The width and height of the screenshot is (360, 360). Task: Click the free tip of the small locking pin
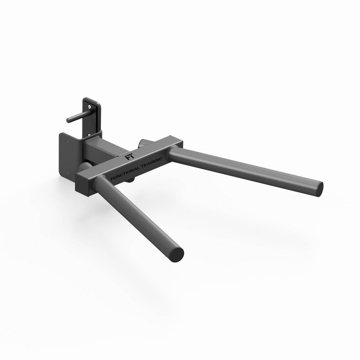pyautogui.click(x=68, y=117)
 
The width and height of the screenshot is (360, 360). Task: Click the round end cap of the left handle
pyautogui.click(x=176, y=252)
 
